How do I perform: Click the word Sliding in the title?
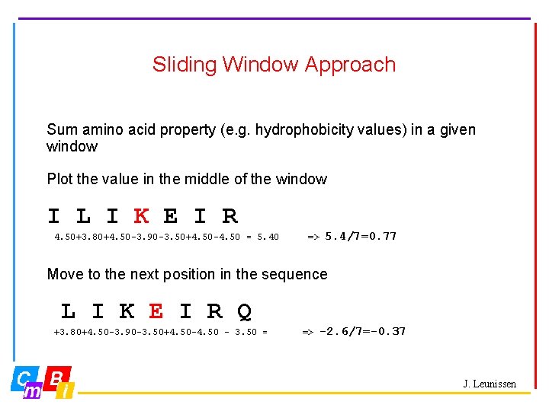pos(177,65)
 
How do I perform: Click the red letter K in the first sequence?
pos(141,217)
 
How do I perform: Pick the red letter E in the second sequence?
pos(156,311)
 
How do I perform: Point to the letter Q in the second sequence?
pos(244,311)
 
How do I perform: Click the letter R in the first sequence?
pos(230,217)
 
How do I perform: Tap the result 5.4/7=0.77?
pos(361,236)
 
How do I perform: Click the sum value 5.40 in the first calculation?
pos(268,237)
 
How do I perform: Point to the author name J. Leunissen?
pos(490,384)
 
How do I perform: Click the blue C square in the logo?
pos(24,378)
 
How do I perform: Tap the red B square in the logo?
pos(57,377)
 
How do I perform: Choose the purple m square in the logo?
pos(34,390)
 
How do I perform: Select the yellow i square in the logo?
pos(66,390)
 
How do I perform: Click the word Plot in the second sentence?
pos(59,180)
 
